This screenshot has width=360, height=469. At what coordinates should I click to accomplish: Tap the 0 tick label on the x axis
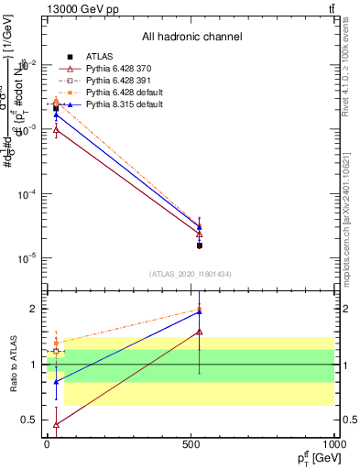[47, 448]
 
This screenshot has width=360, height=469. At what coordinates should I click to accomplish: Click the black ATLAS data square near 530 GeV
[199, 245]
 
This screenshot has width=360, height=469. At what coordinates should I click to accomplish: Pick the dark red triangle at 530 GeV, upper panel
[199, 234]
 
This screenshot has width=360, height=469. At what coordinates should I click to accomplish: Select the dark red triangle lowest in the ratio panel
[57, 424]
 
